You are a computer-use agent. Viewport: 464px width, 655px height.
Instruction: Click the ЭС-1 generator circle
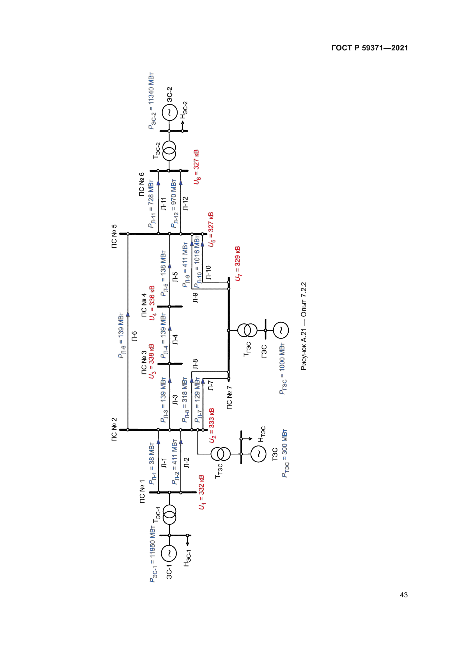169,553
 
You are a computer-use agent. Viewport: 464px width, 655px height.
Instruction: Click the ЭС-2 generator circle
169,113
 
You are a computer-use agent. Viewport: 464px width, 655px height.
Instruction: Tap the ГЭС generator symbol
281,330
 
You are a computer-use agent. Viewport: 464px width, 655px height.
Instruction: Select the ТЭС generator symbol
258,454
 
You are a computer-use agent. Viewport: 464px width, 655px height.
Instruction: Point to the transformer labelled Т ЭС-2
169,151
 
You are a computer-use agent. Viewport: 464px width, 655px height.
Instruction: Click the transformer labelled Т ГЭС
247,330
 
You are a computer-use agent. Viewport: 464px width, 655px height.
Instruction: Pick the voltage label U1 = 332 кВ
201,492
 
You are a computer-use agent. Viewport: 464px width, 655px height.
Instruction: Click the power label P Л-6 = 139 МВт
121,335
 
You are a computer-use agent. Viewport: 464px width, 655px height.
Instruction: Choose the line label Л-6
134,336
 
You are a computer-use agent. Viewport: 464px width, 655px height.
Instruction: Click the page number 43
403,595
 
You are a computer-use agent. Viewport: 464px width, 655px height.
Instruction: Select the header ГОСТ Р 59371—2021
370,48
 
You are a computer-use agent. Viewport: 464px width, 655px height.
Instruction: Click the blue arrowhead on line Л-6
128,314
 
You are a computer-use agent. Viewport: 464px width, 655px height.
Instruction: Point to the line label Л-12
185,203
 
